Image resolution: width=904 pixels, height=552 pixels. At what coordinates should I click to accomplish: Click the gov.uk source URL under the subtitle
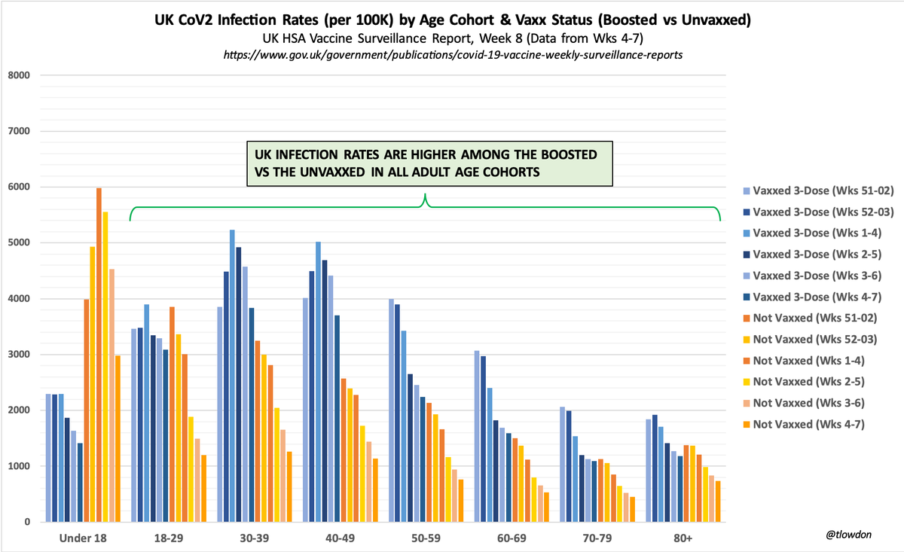(x=452, y=56)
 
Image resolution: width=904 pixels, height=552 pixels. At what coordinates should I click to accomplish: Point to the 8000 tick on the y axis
(x=19, y=75)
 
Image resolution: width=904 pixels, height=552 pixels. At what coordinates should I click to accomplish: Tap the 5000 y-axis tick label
(x=19, y=243)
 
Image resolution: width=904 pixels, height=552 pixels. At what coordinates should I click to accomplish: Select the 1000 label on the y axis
(x=19, y=467)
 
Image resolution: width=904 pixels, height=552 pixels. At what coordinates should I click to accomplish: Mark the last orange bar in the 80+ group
(x=718, y=502)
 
